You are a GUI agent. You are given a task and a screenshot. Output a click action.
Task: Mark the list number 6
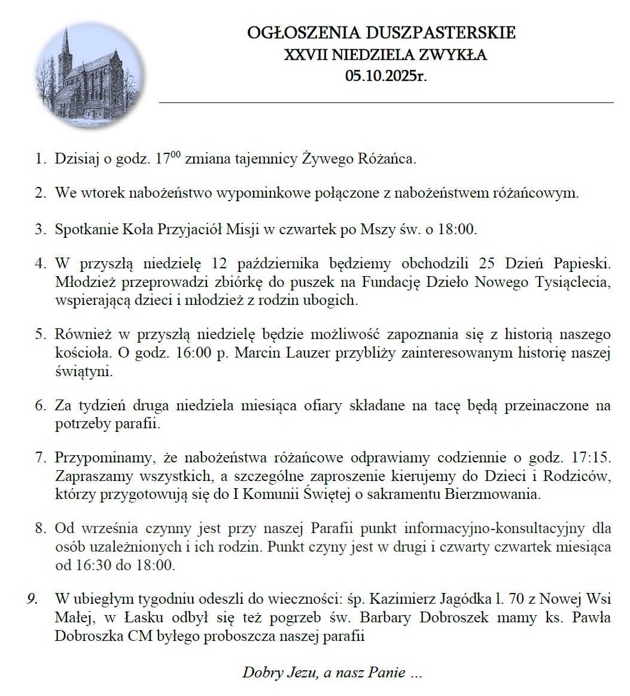(40, 406)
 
